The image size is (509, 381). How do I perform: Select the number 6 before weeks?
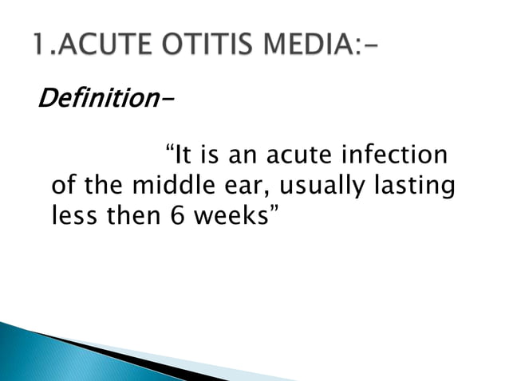176,217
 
